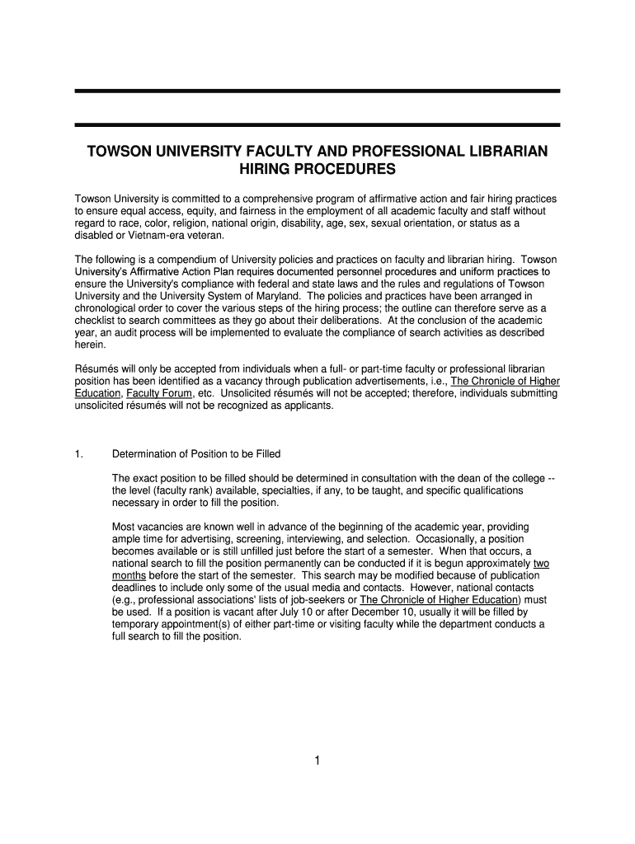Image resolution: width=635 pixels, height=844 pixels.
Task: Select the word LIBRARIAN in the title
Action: (499, 152)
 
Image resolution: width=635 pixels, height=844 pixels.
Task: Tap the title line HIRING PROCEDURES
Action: (317, 171)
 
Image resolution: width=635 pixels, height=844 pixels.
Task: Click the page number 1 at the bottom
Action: (317, 761)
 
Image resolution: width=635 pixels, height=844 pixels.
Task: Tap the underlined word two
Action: (542, 564)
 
